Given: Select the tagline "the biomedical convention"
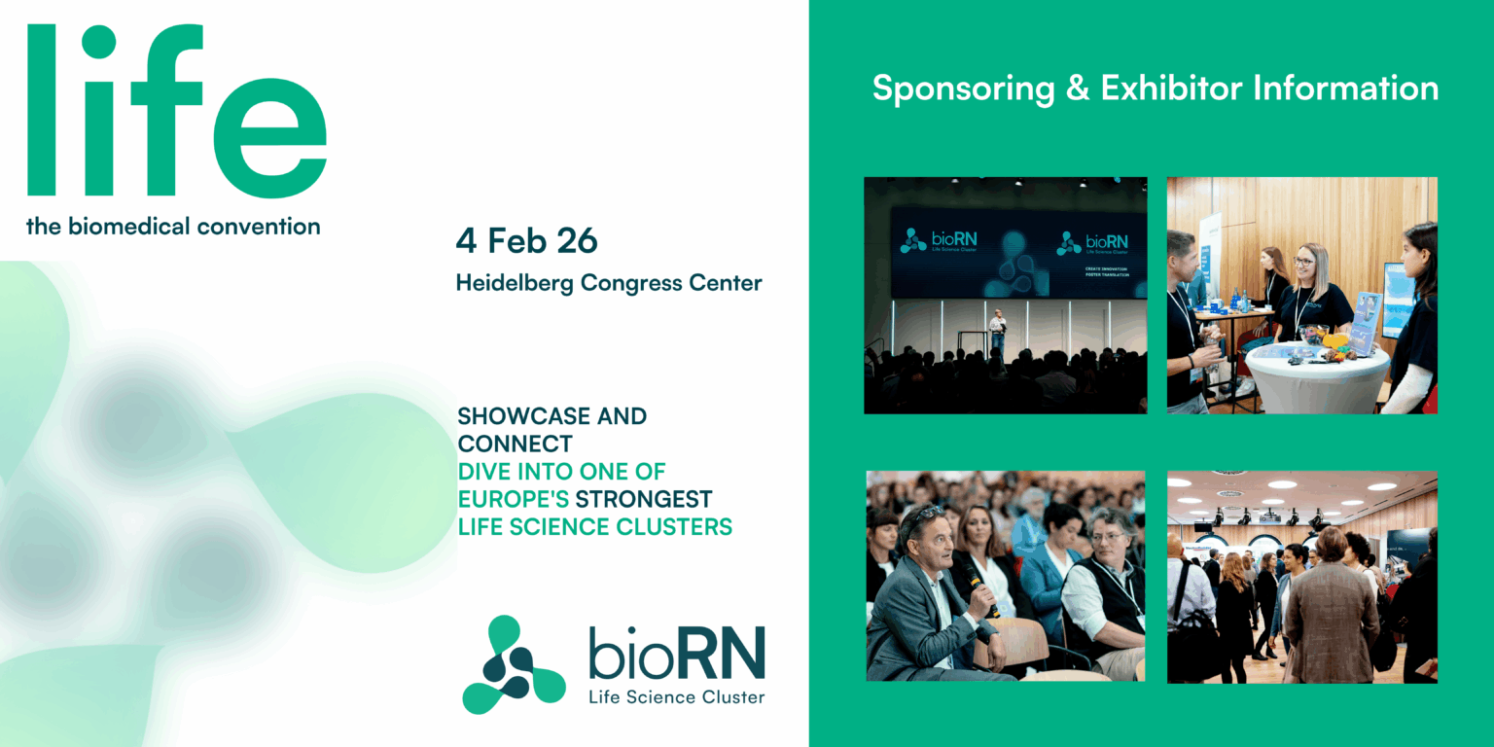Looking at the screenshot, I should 173,227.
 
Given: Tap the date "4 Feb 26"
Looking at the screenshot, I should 526,240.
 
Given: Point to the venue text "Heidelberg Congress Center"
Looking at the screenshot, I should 609,283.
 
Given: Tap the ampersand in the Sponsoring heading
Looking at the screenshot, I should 1077,89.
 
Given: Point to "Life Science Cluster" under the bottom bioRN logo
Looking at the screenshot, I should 676,697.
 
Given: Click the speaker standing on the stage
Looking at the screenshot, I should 997,331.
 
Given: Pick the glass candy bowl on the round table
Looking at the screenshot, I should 1313,336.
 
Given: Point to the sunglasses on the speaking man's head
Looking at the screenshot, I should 924,514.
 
